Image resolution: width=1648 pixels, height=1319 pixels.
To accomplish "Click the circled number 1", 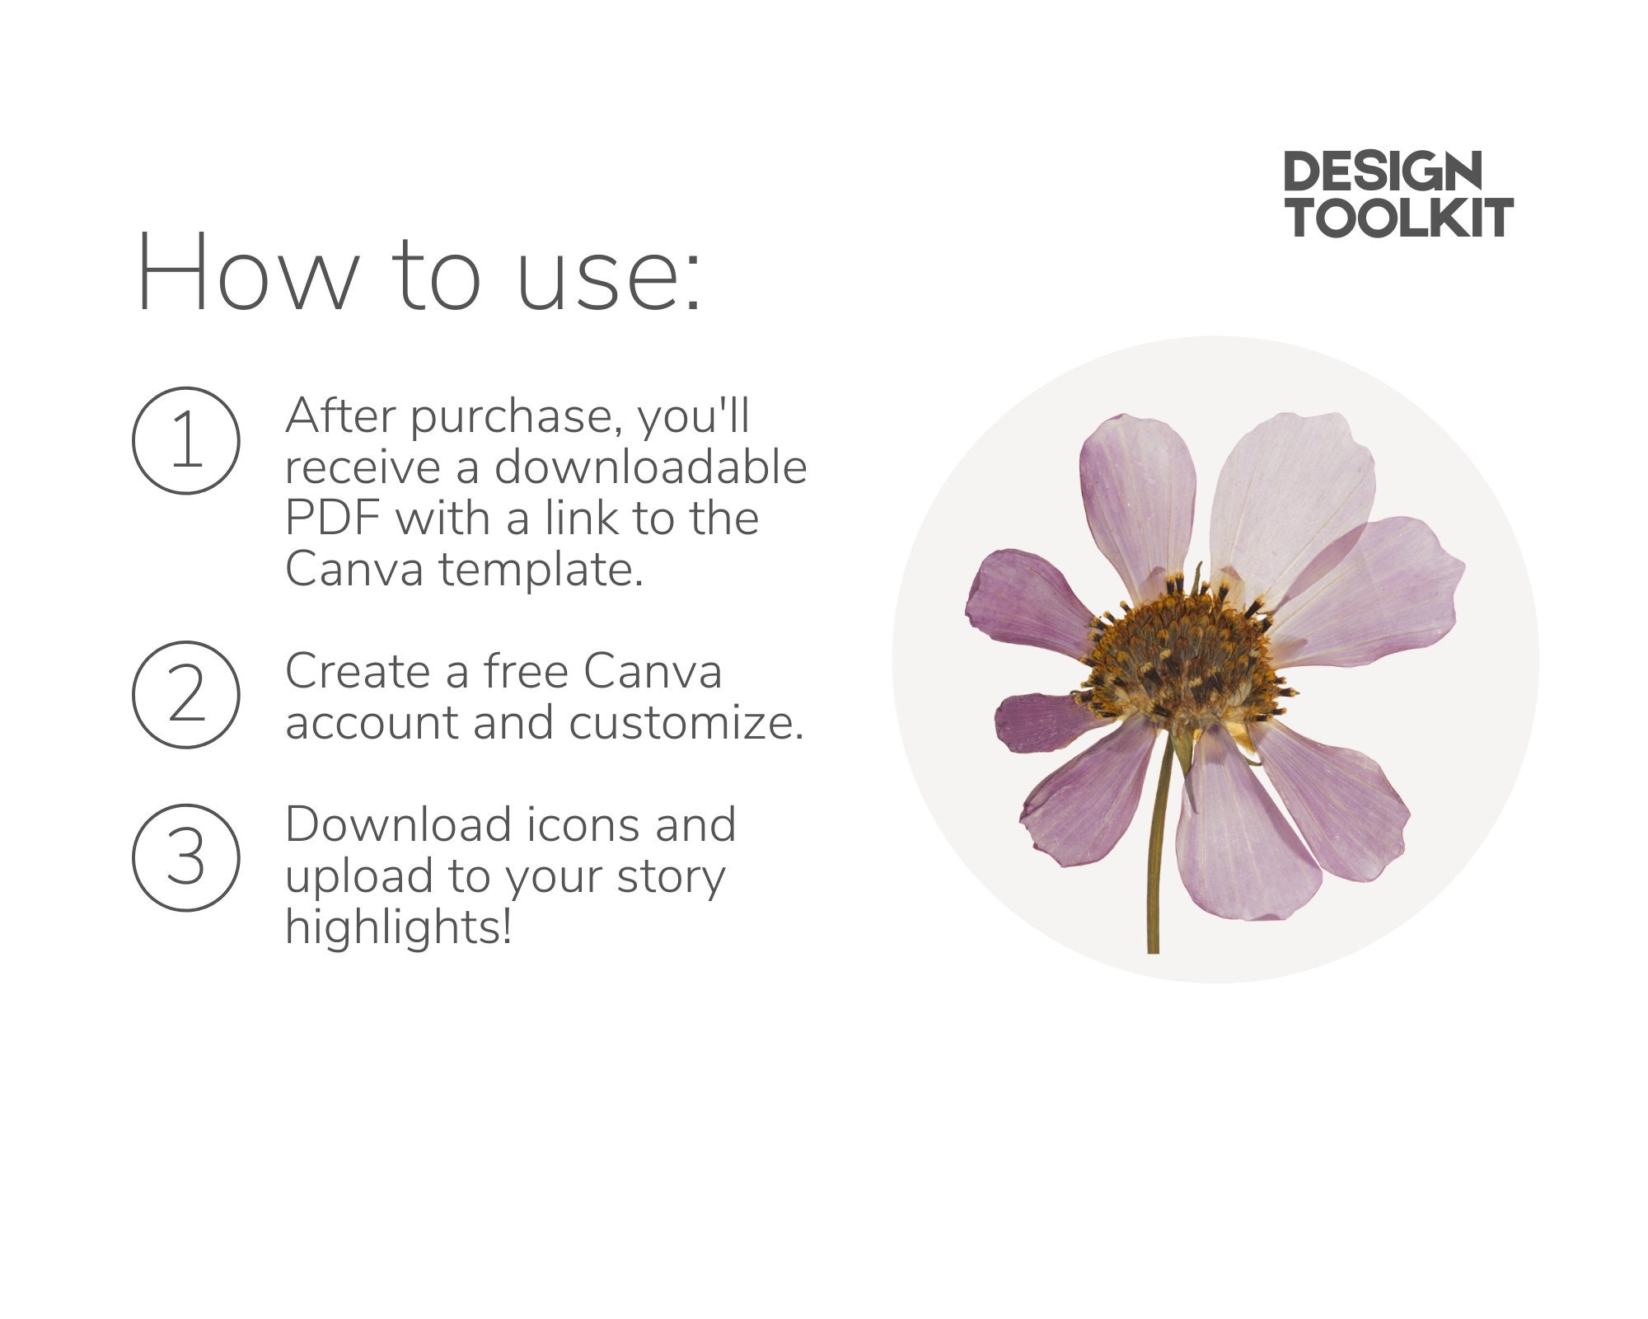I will click(x=186, y=441).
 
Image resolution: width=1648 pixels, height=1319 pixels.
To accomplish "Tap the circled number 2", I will click(x=186, y=695).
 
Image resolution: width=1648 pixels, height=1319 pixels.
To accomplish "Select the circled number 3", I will click(x=186, y=858).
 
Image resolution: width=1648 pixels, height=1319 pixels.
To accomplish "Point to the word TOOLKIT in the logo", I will click(x=1399, y=218).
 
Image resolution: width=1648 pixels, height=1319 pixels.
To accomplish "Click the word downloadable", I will click(x=650, y=467).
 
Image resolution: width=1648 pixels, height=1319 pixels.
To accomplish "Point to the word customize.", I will click(x=686, y=723).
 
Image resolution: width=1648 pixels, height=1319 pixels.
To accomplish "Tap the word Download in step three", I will click(x=398, y=824).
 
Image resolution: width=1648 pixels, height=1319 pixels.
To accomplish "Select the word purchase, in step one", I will click(x=516, y=416).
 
